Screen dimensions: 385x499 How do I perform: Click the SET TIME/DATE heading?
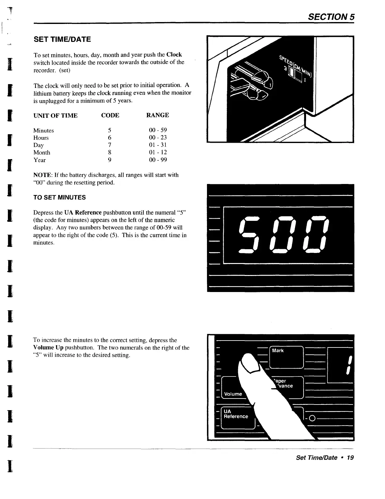coord(62,39)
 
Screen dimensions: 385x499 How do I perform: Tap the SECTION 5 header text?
coord(332,17)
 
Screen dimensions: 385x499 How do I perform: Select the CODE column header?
coord(110,115)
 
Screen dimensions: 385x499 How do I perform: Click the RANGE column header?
coord(158,115)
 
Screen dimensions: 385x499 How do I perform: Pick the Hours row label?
coord(41,138)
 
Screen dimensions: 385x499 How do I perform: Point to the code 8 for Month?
coord(109,152)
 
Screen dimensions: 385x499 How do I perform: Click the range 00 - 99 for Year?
coord(158,160)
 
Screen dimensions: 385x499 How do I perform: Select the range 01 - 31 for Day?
coord(158,145)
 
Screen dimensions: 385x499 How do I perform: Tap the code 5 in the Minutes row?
coord(109,130)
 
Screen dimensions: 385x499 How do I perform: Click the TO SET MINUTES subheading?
coord(59,198)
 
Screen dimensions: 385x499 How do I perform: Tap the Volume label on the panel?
coord(233,394)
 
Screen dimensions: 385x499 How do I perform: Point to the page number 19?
coord(350,457)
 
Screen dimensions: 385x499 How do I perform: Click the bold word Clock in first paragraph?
coord(174,54)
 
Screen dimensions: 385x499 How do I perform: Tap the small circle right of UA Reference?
coord(312,418)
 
